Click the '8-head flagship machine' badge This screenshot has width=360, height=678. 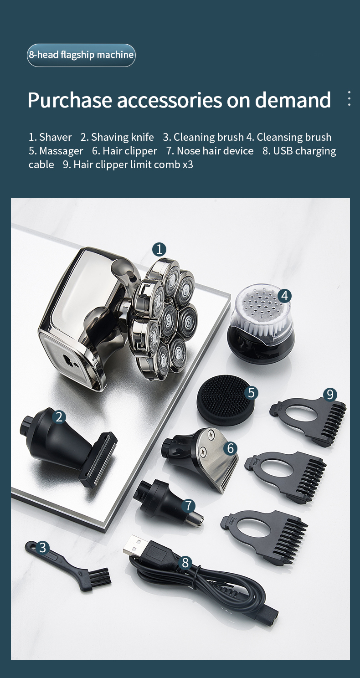[x=81, y=55]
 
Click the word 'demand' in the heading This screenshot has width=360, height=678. [x=293, y=100]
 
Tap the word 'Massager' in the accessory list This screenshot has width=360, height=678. [x=61, y=151]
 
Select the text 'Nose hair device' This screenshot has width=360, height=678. [x=215, y=151]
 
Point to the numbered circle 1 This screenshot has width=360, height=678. [x=159, y=250]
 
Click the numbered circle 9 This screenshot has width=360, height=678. [x=330, y=395]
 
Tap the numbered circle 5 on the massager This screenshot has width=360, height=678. [x=251, y=393]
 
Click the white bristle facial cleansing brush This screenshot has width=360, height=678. [x=261, y=323]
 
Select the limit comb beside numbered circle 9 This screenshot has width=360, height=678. [x=309, y=418]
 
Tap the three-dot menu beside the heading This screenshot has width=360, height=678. [x=350, y=98]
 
